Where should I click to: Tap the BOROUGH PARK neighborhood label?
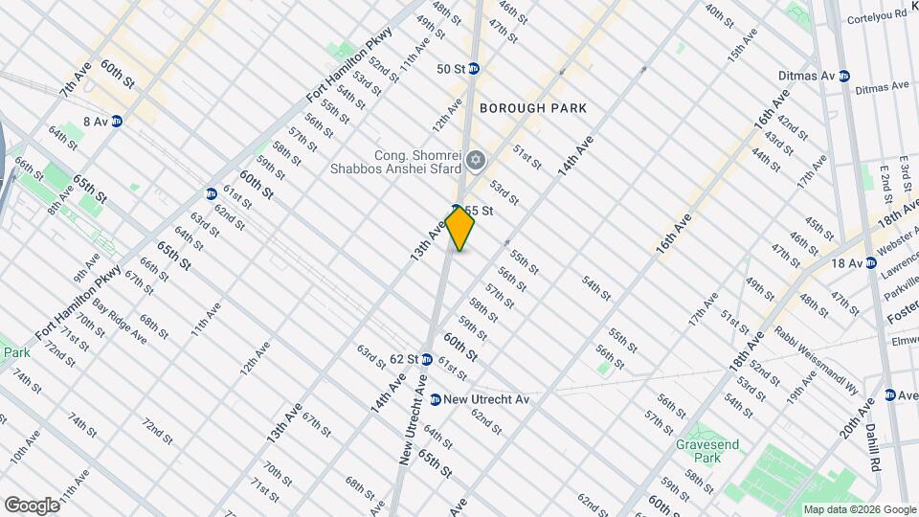tap(533, 108)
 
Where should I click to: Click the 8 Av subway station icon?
tap(117, 121)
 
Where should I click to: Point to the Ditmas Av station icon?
tap(843, 76)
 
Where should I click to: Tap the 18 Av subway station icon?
tap(870, 262)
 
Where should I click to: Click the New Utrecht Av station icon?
tap(435, 399)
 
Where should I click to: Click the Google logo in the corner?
tap(31, 505)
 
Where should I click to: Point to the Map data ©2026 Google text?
tap(859, 509)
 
